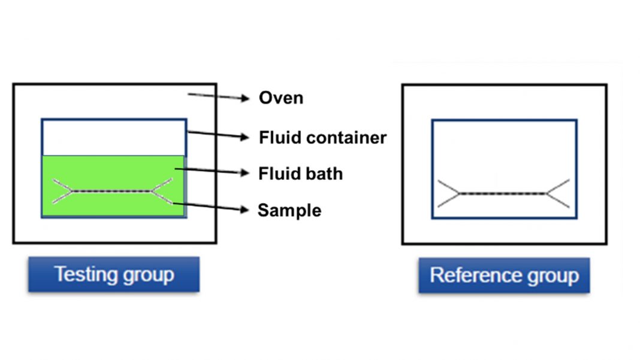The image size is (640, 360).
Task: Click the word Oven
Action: point(280,98)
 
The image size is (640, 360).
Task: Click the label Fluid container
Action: point(322,138)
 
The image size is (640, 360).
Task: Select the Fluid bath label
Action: point(300,174)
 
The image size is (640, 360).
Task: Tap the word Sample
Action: point(289,210)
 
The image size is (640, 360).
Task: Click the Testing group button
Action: point(114,275)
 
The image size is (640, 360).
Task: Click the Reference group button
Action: point(504,276)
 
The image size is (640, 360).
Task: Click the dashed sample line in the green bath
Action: point(111,192)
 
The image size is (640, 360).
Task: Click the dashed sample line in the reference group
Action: point(503,193)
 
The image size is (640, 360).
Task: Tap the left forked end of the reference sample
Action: point(448,193)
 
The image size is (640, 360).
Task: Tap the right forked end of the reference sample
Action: point(559,193)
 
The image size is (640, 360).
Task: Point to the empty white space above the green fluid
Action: point(114,137)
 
